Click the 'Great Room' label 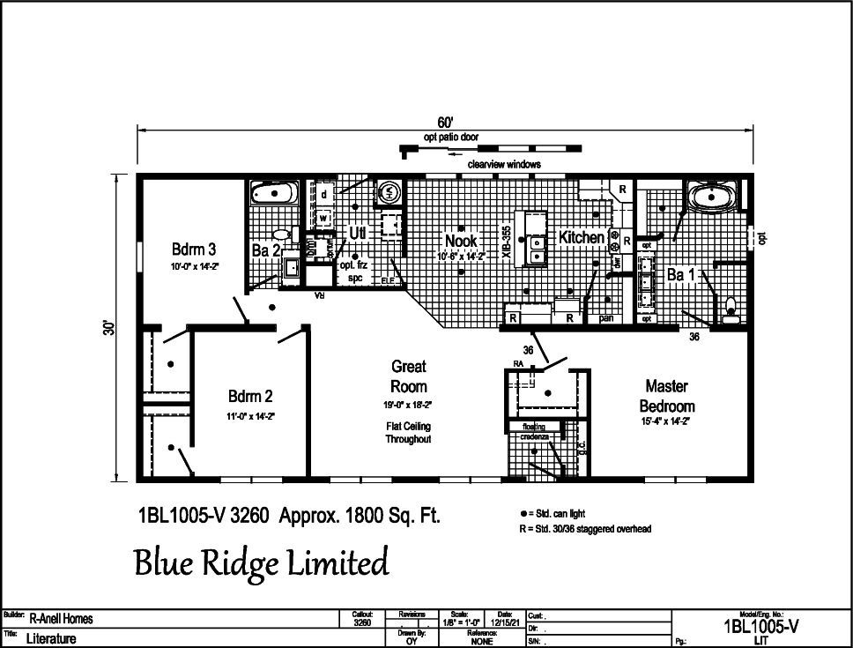pos(408,376)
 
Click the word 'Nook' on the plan pos(461,241)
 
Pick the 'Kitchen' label pos(582,238)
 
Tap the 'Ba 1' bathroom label pos(681,274)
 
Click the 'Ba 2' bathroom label pos(265,251)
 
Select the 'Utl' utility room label pos(357,234)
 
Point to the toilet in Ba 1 pos(731,309)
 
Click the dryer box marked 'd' pos(324,193)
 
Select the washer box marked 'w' pos(324,216)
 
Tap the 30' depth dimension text pos(108,328)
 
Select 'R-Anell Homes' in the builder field pos(61,619)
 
